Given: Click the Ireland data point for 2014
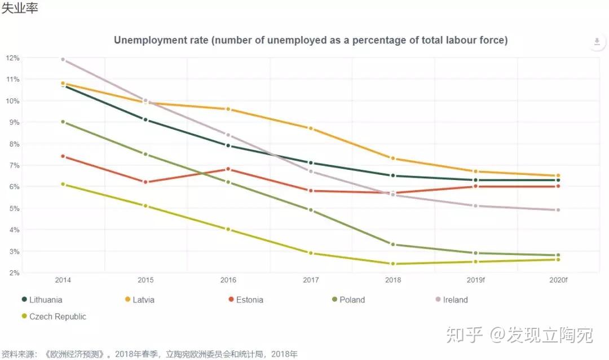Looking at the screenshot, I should pos(63,59).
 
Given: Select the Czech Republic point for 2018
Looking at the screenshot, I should pos(393,264).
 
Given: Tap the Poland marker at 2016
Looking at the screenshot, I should pos(228,182).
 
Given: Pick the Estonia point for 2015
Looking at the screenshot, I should pos(145,182).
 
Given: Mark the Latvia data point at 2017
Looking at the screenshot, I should pos(311,128).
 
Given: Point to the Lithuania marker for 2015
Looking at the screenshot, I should pos(145,120).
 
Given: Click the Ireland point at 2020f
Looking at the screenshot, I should pos(558,210).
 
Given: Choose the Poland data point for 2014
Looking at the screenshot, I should pos(63,122).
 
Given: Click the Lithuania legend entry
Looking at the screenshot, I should pos(42,300).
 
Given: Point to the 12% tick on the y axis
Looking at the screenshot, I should pos(12,58).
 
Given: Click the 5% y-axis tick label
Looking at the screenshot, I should pos(12,208).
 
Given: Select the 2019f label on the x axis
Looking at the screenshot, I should pos(475,280).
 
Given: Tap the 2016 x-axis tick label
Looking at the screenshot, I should pos(228,280).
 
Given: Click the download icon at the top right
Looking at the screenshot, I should pos(597,42).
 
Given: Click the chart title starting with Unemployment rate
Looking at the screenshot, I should pos(311,40).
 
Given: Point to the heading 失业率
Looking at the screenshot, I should pos(19,8).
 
